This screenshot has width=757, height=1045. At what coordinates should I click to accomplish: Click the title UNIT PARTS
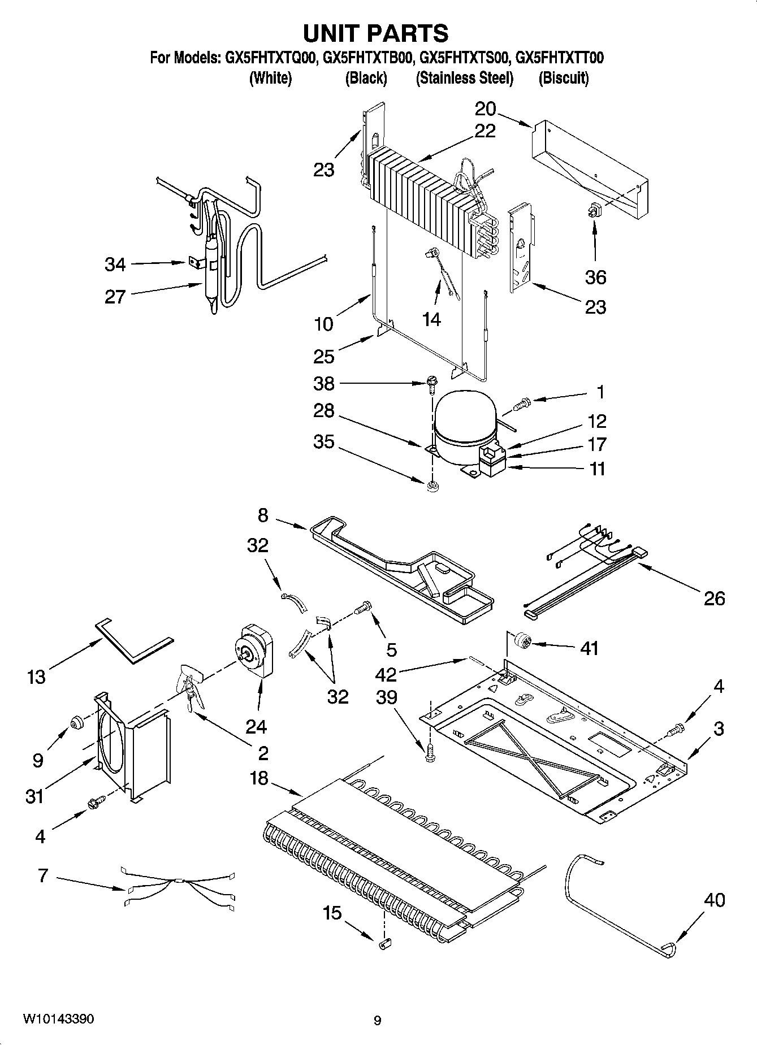coord(376,33)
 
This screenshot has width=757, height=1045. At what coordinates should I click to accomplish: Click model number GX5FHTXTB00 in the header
coord(366,58)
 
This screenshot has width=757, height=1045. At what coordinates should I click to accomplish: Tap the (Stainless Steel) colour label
coord(464,78)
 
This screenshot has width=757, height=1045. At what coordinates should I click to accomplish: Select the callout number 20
coord(485,109)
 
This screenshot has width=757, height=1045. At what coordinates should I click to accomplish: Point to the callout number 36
coord(595,277)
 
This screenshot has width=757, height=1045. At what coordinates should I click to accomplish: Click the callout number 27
coord(115,297)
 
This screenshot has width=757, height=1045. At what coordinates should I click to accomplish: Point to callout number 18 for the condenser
coord(259,778)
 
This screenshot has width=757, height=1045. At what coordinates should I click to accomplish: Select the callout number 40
coord(715,900)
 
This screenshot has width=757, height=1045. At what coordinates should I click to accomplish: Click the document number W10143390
coord(59,1019)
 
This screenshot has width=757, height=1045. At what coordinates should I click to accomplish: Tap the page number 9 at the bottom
coord(377,1021)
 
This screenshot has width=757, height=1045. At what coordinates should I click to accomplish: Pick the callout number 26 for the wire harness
coord(714,599)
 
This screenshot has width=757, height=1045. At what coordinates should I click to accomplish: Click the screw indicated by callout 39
coord(431,754)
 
